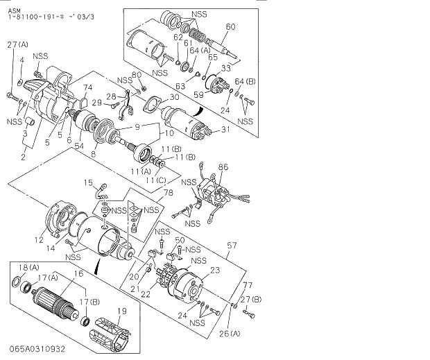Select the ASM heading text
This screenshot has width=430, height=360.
tap(13, 6)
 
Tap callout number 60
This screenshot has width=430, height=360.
tap(230, 27)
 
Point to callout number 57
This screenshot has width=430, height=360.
tap(232, 245)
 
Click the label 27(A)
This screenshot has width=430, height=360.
tap(18, 45)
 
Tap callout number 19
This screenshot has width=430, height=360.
tap(122, 310)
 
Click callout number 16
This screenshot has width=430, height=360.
tap(79, 274)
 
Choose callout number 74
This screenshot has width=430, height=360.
tap(87, 87)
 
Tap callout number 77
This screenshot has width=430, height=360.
tap(247, 285)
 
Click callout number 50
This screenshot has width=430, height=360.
tap(179, 239)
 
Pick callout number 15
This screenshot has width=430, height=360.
tap(88, 182)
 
